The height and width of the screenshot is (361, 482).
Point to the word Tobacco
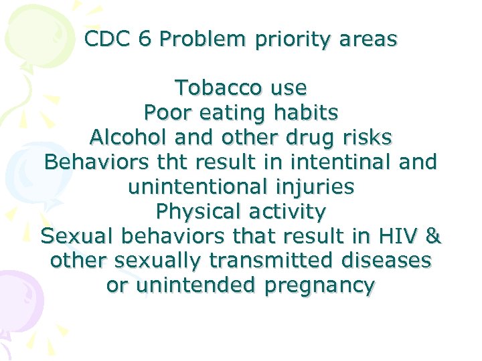coord(212,88)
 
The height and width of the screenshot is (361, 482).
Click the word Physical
coord(197,212)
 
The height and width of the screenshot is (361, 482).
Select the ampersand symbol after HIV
coord(434,237)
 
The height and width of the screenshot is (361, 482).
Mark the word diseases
coord(385,261)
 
